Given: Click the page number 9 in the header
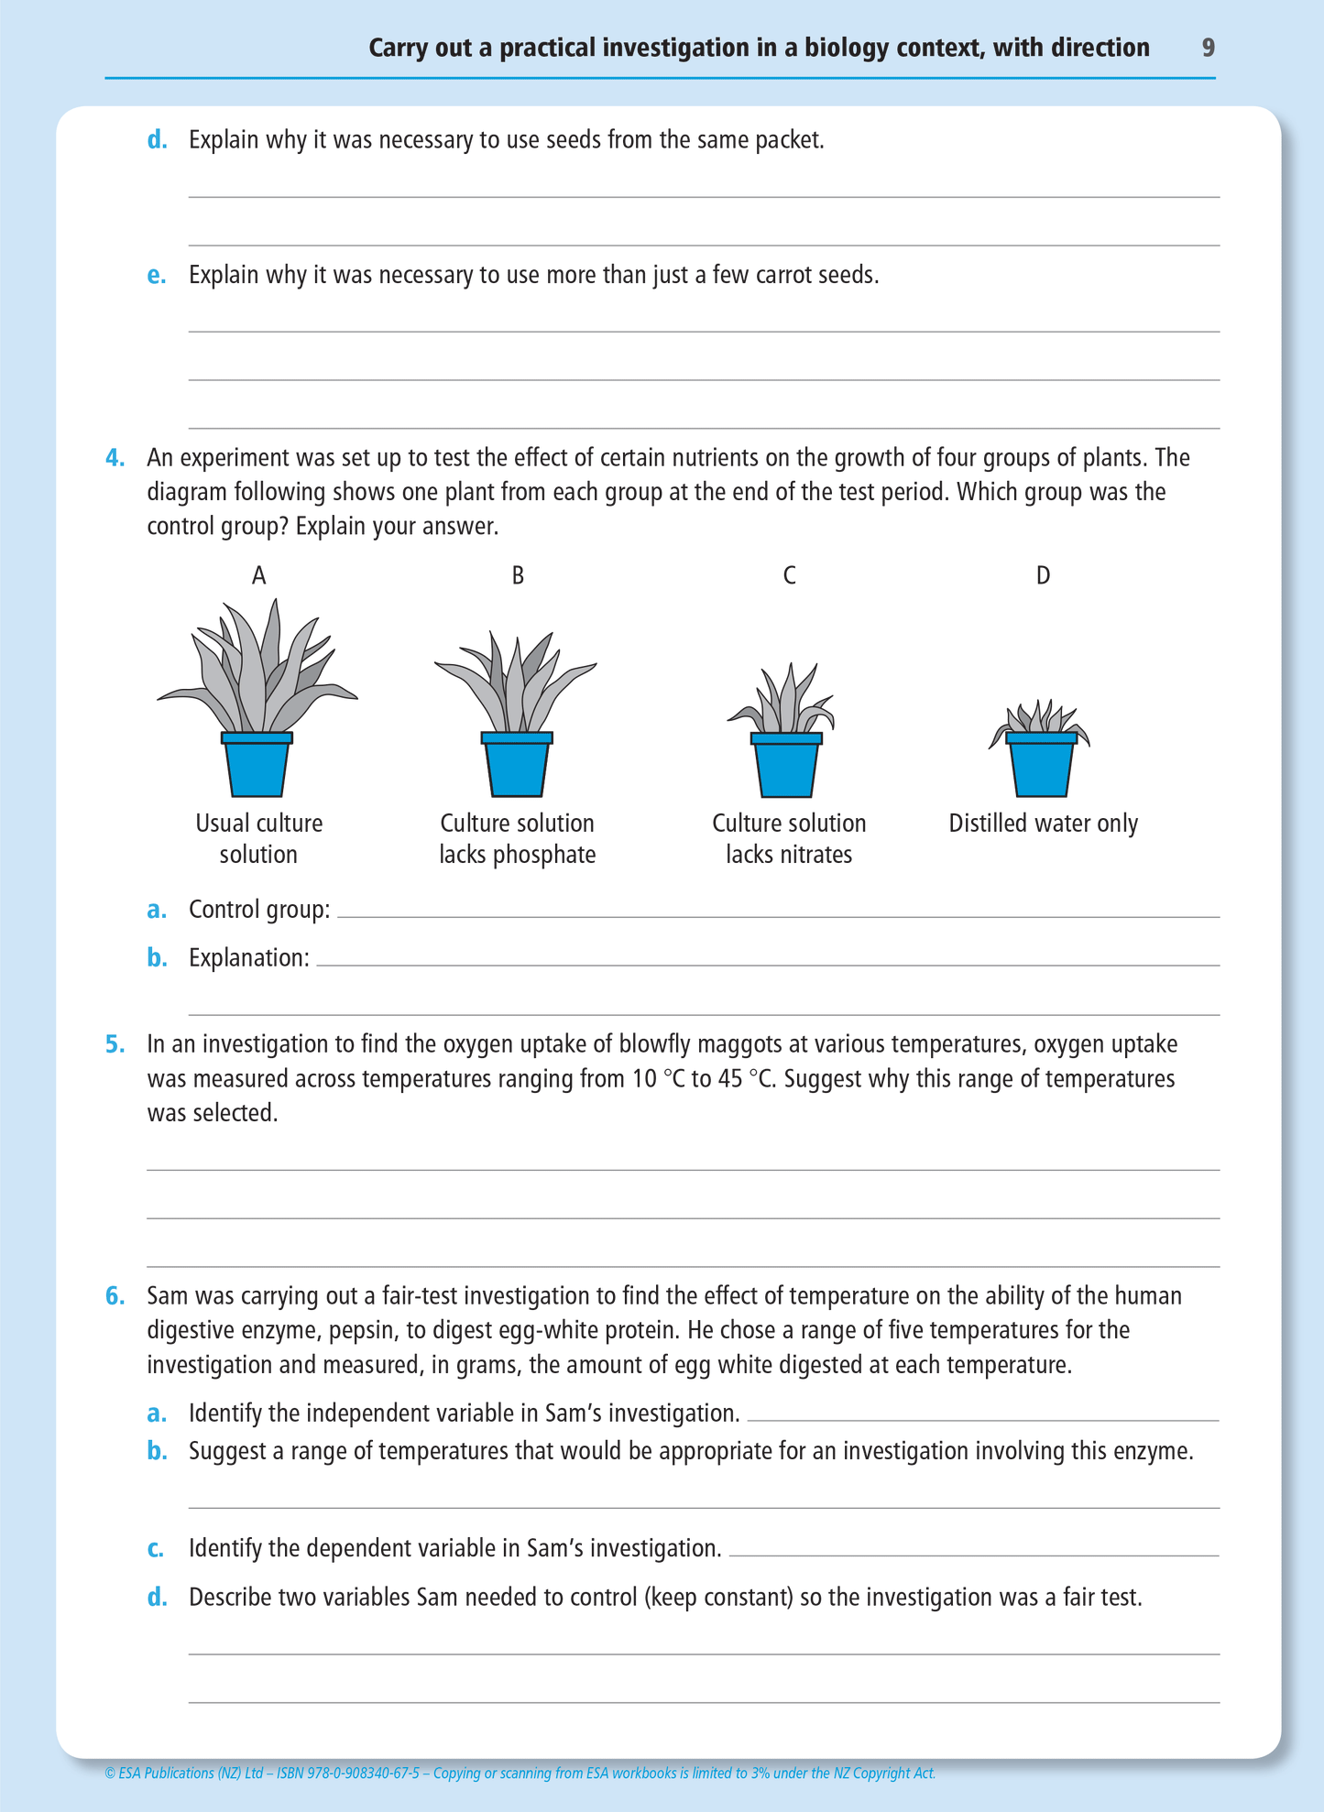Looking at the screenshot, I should (x=1208, y=48).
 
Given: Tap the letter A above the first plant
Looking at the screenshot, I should (x=259, y=575).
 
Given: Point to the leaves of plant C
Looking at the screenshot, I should (x=784, y=702).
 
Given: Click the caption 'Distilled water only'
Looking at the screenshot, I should (x=1043, y=824).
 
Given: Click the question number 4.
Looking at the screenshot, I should (x=115, y=457).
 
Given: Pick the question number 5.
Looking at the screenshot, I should (x=115, y=1044).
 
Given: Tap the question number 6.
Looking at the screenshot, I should (x=115, y=1296).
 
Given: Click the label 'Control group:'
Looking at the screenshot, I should (x=259, y=910).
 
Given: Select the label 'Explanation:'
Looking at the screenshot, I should (x=248, y=958).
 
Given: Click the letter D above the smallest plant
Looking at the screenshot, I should (x=1043, y=575).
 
